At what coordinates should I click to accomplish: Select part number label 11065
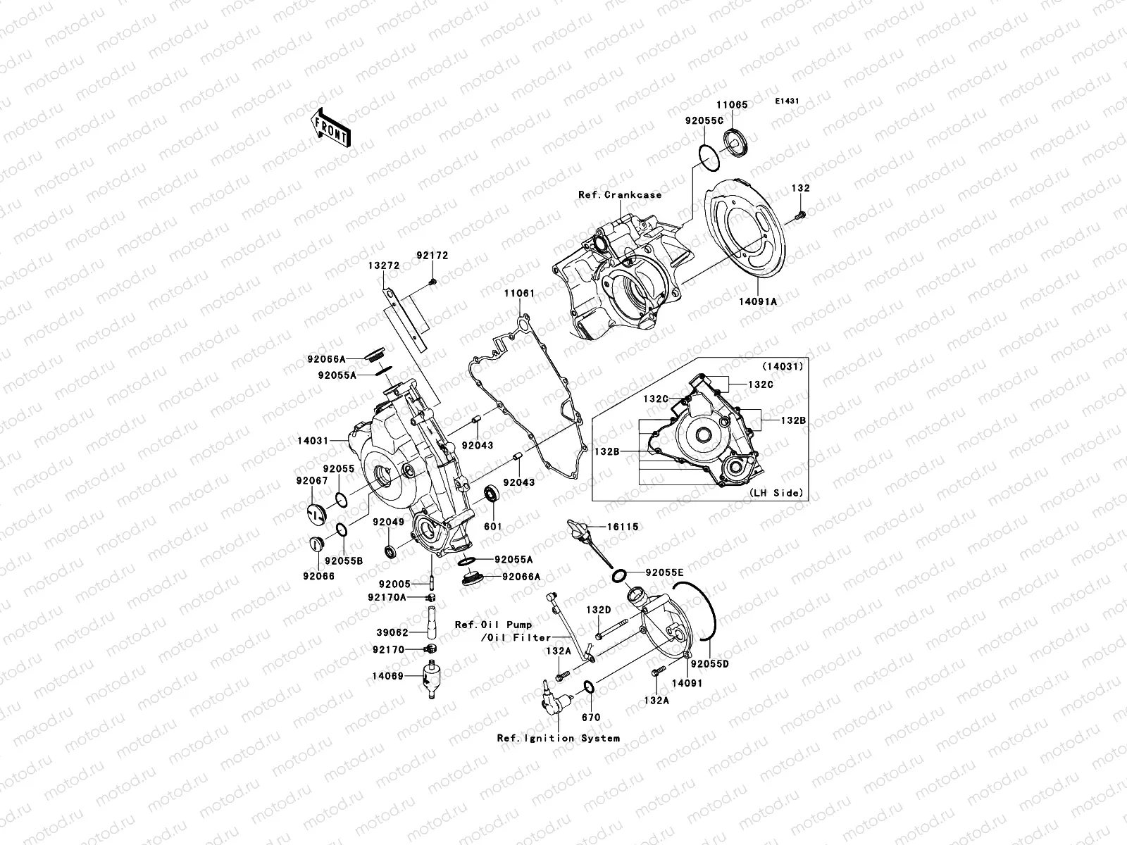[733, 105]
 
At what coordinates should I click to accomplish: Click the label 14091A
[757, 301]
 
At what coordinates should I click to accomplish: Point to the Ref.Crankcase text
[620, 194]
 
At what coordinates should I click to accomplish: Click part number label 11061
[519, 293]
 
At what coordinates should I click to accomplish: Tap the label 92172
[432, 256]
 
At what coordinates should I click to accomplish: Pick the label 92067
[312, 481]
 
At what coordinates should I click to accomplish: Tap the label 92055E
[664, 572]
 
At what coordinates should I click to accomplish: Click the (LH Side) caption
[775, 493]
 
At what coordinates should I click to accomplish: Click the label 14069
[387, 676]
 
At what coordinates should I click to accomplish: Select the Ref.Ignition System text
[559, 738]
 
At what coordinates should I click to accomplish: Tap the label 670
[591, 718]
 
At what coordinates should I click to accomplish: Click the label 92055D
[709, 664]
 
